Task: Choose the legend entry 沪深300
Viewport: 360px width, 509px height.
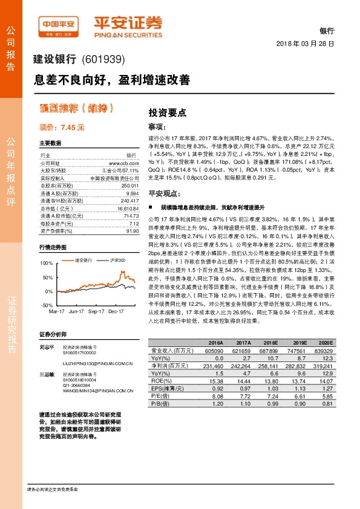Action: click(118, 260)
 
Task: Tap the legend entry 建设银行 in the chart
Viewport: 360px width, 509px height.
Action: click(83, 260)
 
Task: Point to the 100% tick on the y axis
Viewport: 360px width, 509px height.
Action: click(45, 264)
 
